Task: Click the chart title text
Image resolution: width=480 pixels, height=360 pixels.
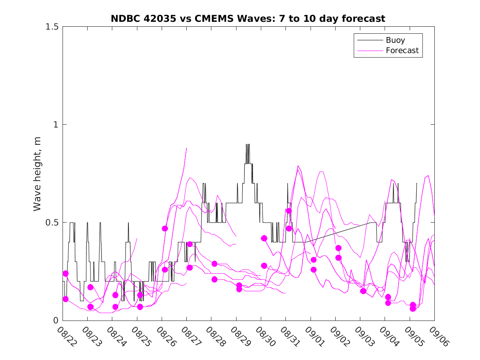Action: pos(248,19)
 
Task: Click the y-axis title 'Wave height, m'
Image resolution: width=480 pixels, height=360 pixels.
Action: pos(37,174)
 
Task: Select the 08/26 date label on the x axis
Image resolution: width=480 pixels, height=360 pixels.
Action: pos(167,336)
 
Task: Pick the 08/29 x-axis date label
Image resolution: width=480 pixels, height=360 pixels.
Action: pos(241,336)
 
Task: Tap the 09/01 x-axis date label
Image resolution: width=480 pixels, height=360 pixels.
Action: pos(315,336)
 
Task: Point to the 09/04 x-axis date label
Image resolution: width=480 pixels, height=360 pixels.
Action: pos(390,336)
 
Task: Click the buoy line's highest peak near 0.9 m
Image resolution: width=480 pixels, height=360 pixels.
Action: pos(248,144)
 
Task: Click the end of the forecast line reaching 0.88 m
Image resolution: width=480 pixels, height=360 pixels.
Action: pos(186,148)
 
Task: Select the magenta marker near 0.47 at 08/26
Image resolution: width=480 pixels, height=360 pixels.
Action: pos(165,228)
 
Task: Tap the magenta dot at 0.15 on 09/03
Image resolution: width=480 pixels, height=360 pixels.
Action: pos(363,291)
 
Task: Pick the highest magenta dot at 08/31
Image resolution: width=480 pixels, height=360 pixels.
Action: pos(289,211)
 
